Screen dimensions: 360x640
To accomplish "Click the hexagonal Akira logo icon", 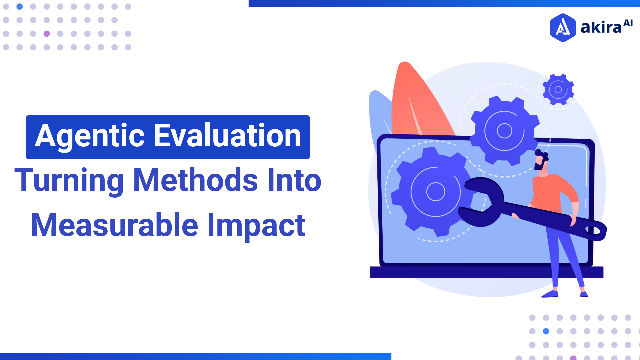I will pos(563,28).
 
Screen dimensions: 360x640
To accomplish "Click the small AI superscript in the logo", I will pos(628,23).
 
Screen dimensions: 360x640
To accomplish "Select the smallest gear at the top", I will pos(558,89).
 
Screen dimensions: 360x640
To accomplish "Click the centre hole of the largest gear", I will pos(436,192).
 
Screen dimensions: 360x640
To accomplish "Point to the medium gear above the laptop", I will pos(504,131).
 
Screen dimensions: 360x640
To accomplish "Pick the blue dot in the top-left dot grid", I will pos(20,6).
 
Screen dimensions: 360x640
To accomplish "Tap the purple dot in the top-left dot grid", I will pos(47,34).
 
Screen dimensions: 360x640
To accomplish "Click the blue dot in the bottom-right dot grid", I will pos(546,331).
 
